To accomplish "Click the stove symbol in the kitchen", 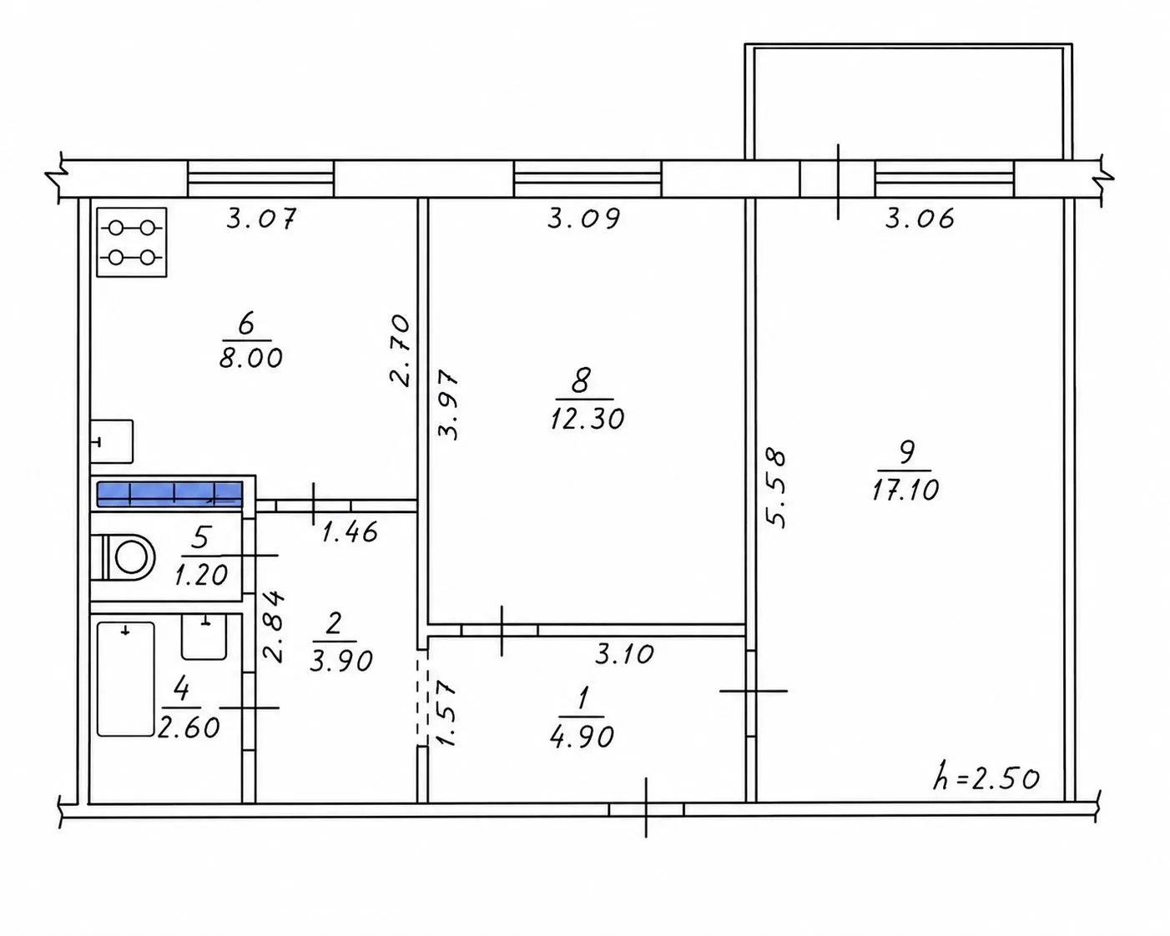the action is point(132,243).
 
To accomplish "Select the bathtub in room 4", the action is point(125,679).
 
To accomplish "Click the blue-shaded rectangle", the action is point(169,494).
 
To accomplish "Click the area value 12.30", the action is point(588,419).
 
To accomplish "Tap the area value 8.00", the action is point(251,358).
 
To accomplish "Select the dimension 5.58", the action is point(776,487).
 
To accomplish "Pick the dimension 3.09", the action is point(583,219).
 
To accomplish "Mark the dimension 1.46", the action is point(350,532).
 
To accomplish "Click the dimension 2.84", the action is point(273,627).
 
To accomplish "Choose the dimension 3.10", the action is point(624,654).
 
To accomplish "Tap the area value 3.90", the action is point(341,662).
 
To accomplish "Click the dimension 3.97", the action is point(449,405).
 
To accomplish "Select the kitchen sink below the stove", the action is point(112,441).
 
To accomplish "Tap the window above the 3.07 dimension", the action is point(260,179).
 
